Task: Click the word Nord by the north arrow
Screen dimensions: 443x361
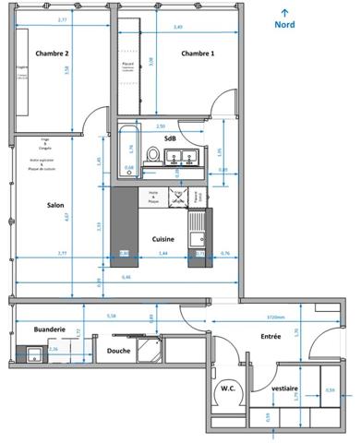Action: [285, 25]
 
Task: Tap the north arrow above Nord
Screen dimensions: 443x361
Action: [284, 10]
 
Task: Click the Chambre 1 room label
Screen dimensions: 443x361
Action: [198, 54]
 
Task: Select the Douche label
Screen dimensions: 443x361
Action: [118, 351]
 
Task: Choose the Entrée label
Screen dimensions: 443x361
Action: [271, 337]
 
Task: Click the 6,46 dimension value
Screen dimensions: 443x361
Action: [126, 277]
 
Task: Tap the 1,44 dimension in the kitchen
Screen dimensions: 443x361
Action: [163, 252]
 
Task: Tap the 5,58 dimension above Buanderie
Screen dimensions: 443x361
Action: [112, 316]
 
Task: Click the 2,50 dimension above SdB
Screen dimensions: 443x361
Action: [161, 126]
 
